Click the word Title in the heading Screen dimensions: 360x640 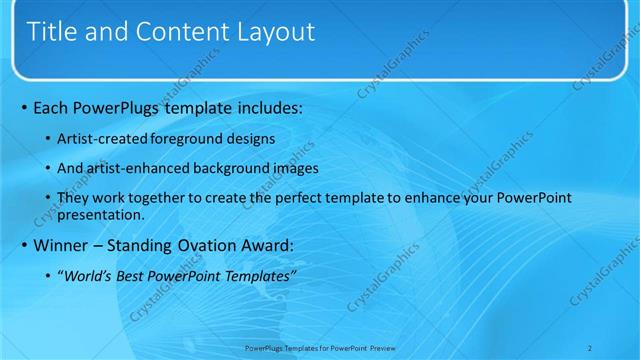(50, 31)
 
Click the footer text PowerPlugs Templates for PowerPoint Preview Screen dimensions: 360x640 (319, 347)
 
